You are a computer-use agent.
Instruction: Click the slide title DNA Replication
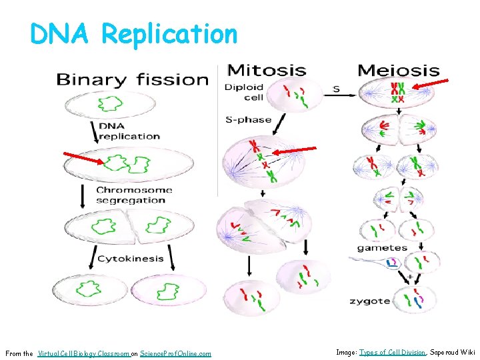133,33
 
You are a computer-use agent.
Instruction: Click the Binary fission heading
132,80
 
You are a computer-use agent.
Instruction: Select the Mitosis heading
267,70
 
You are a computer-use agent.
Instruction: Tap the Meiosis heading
399,70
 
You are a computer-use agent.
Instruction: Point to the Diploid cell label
244,92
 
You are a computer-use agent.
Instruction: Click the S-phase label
248,120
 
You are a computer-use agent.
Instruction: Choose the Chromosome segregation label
133,195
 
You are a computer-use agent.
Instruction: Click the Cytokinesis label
130,259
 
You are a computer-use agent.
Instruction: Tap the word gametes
382,247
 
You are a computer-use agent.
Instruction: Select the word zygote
370,301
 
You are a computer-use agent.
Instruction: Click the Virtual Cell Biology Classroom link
84,353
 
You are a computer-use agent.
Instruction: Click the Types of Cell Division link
392,352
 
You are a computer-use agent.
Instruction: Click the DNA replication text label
129,131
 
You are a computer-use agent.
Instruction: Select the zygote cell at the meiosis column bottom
415,301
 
